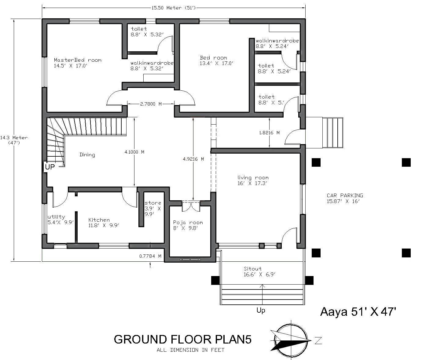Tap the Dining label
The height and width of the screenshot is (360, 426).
[87, 155]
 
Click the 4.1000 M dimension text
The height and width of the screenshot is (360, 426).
[134, 152]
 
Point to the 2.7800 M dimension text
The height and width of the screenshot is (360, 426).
[151, 104]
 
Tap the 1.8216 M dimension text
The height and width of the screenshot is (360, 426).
[269, 133]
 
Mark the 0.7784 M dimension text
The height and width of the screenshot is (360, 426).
[150, 256]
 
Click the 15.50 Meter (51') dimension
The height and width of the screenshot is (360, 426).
[174, 8]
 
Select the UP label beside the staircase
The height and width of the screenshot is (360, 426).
[50, 167]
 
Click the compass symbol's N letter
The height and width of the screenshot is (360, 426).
[318, 340]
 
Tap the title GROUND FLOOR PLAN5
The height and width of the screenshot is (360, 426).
[183, 339]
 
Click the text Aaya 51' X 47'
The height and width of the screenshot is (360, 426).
[358, 311]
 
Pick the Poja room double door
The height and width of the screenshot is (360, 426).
[191, 206]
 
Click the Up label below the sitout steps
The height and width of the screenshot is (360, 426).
[261, 310]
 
